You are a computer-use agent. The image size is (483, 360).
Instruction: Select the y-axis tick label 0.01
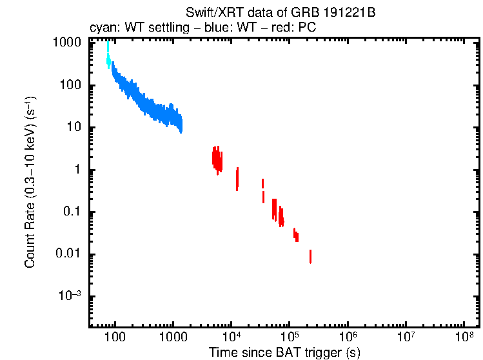click(x=70, y=255)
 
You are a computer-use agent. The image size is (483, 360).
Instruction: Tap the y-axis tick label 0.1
click(x=74, y=212)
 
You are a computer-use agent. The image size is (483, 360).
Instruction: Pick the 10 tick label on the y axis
click(x=76, y=128)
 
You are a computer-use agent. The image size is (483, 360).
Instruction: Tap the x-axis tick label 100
click(x=114, y=337)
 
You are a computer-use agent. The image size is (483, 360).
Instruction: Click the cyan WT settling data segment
click(x=108, y=55)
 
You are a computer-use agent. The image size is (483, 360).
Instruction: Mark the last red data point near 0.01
click(x=310, y=257)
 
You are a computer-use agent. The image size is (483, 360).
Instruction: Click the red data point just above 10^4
click(x=237, y=179)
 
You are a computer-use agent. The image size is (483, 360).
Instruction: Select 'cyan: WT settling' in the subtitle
click(x=130, y=28)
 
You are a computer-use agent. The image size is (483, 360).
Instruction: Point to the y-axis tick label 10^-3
click(x=70, y=297)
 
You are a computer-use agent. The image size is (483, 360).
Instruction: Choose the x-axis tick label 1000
click(x=172, y=337)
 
